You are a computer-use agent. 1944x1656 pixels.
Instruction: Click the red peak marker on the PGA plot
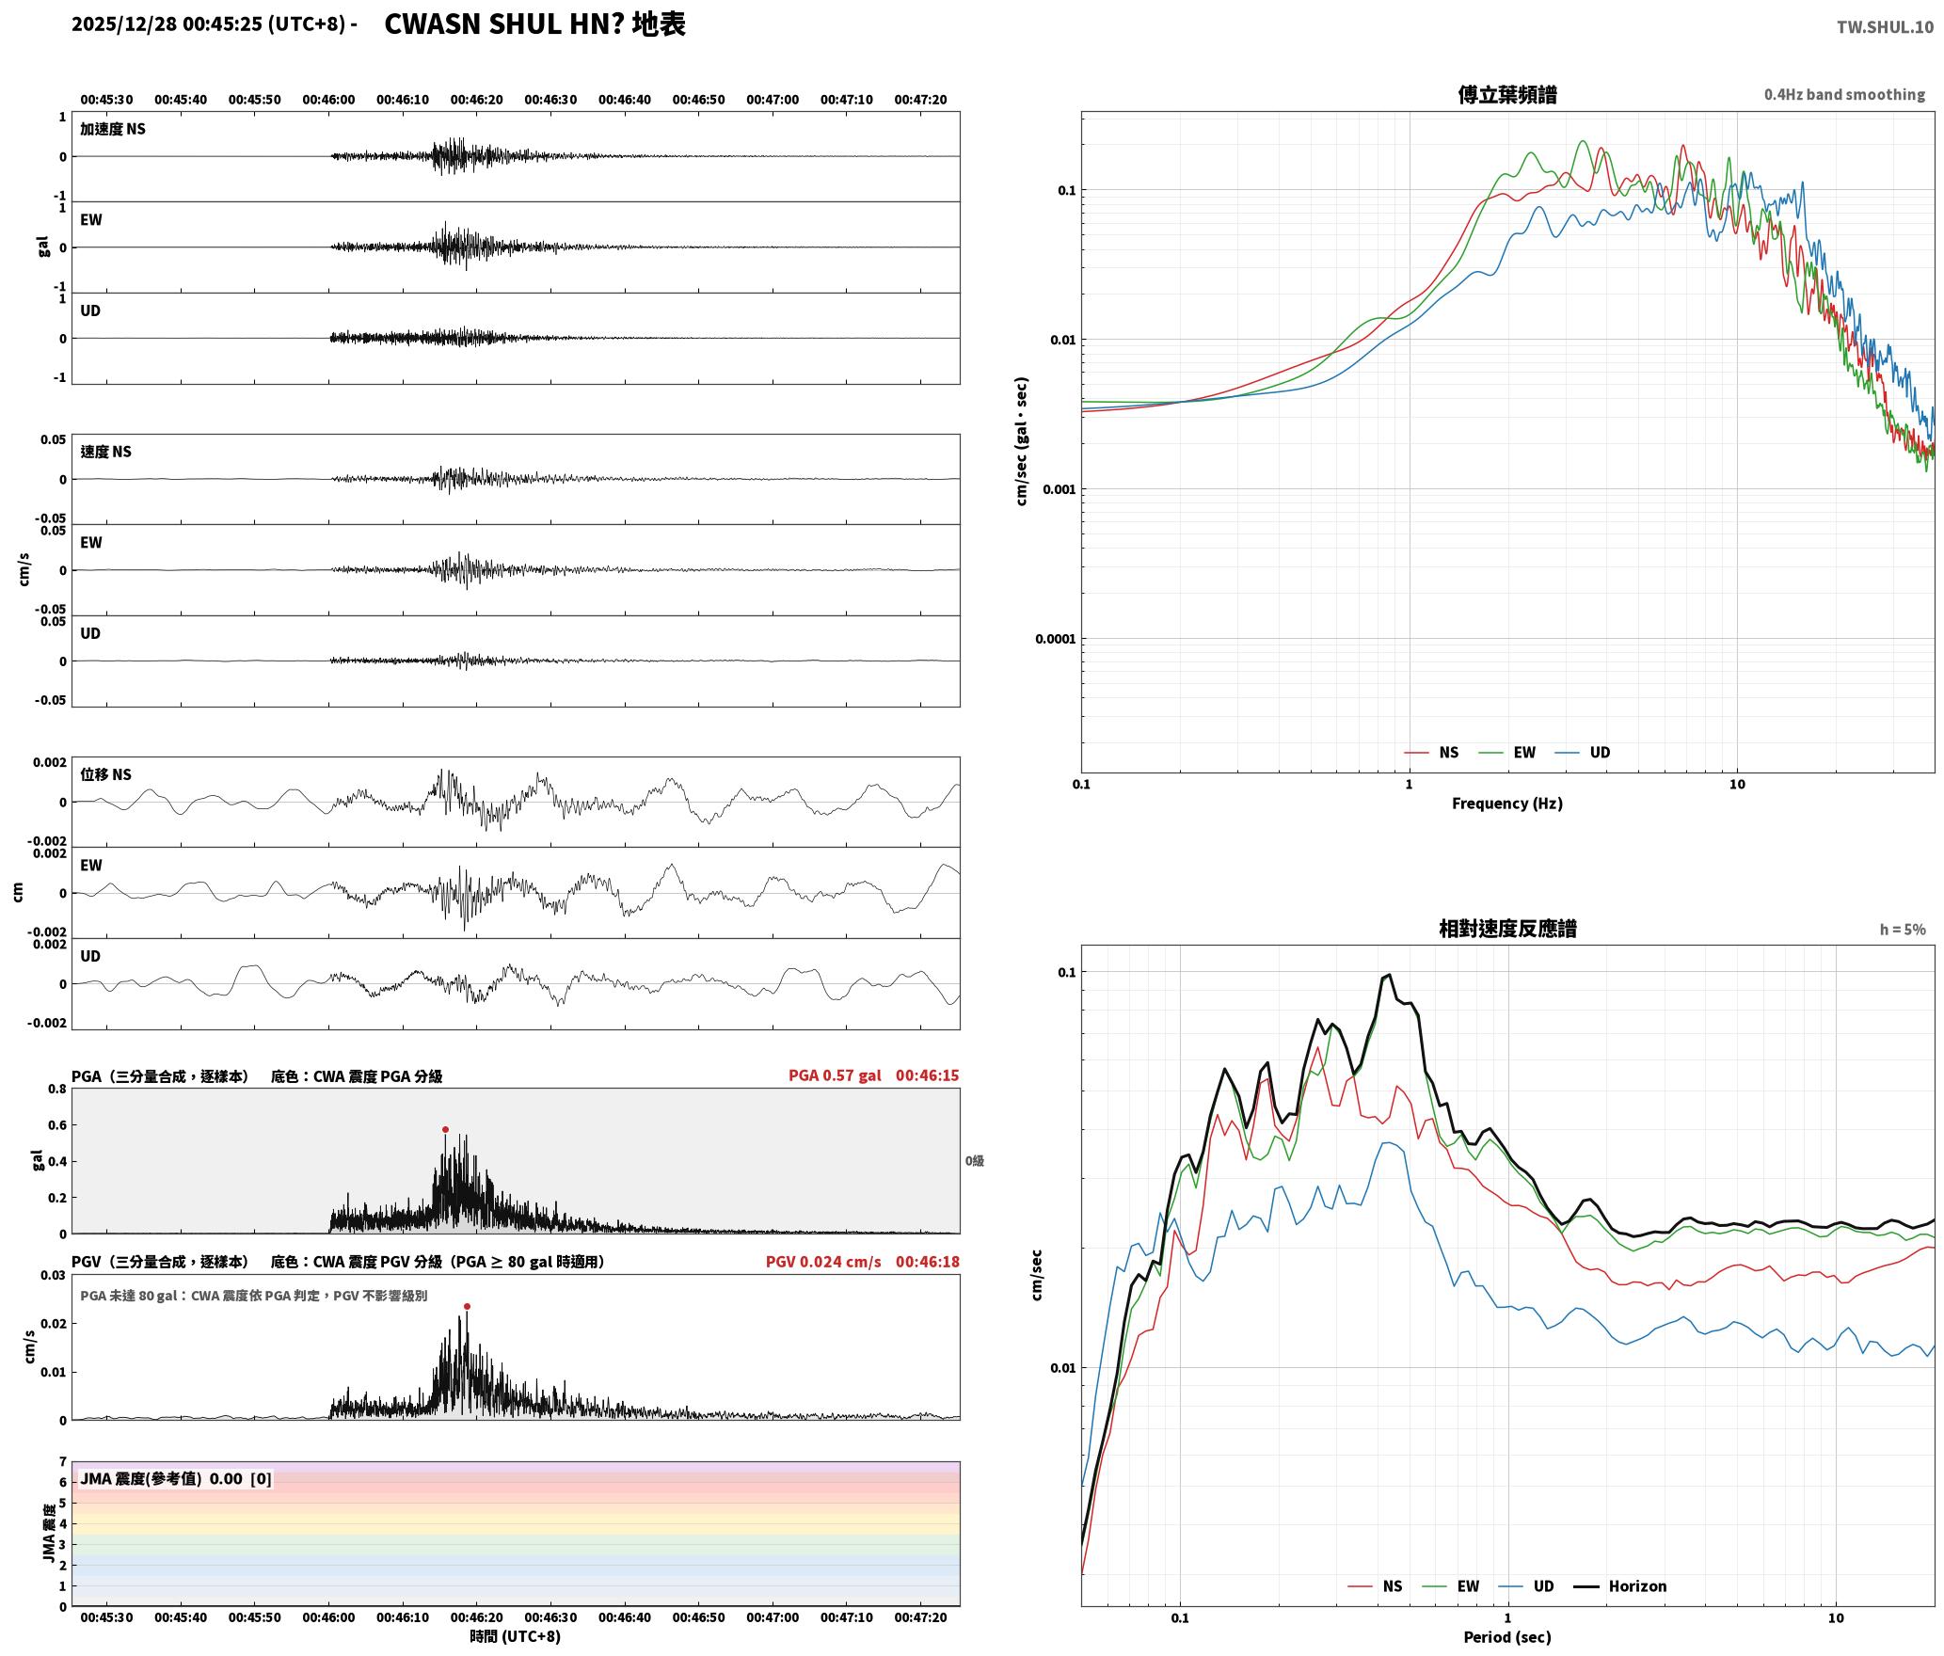pyautogui.click(x=445, y=1129)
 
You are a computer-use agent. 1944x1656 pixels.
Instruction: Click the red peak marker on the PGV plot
pyautogui.click(x=467, y=1306)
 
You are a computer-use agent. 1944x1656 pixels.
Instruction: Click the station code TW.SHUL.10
pyautogui.click(x=1885, y=27)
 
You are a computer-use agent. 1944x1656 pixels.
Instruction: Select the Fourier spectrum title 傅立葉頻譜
pyautogui.click(x=1506, y=94)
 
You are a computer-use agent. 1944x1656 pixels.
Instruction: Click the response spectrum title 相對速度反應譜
pyautogui.click(x=1507, y=929)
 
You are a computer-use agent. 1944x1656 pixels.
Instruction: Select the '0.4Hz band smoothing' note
pyautogui.click(x=1844, y=95)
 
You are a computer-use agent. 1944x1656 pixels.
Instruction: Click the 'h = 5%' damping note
pyautogui.click(x=1903, y=930)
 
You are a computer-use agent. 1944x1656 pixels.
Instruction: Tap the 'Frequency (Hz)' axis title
pyautogui.click(x=1506, y=804)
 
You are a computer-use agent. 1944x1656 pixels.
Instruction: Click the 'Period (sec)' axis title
pyautogui.click(x=1506, y=1637)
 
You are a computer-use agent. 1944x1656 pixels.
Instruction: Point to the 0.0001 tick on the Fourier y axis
pyautogui.click(x=1055, y=640)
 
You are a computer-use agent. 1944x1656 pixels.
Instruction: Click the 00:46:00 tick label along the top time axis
pyautogui.click(x=328, y=100)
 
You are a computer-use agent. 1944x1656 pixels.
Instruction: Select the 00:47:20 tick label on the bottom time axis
pyautogui.click(x=920, y=1617)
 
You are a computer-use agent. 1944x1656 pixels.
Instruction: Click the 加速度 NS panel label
pyautogui.click(x=113, y=129)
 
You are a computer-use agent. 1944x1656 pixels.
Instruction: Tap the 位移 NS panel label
pyautogui.click(x=105, y=774)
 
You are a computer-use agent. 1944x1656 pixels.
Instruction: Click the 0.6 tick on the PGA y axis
pyautogui.click(x=57, y=1125)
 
